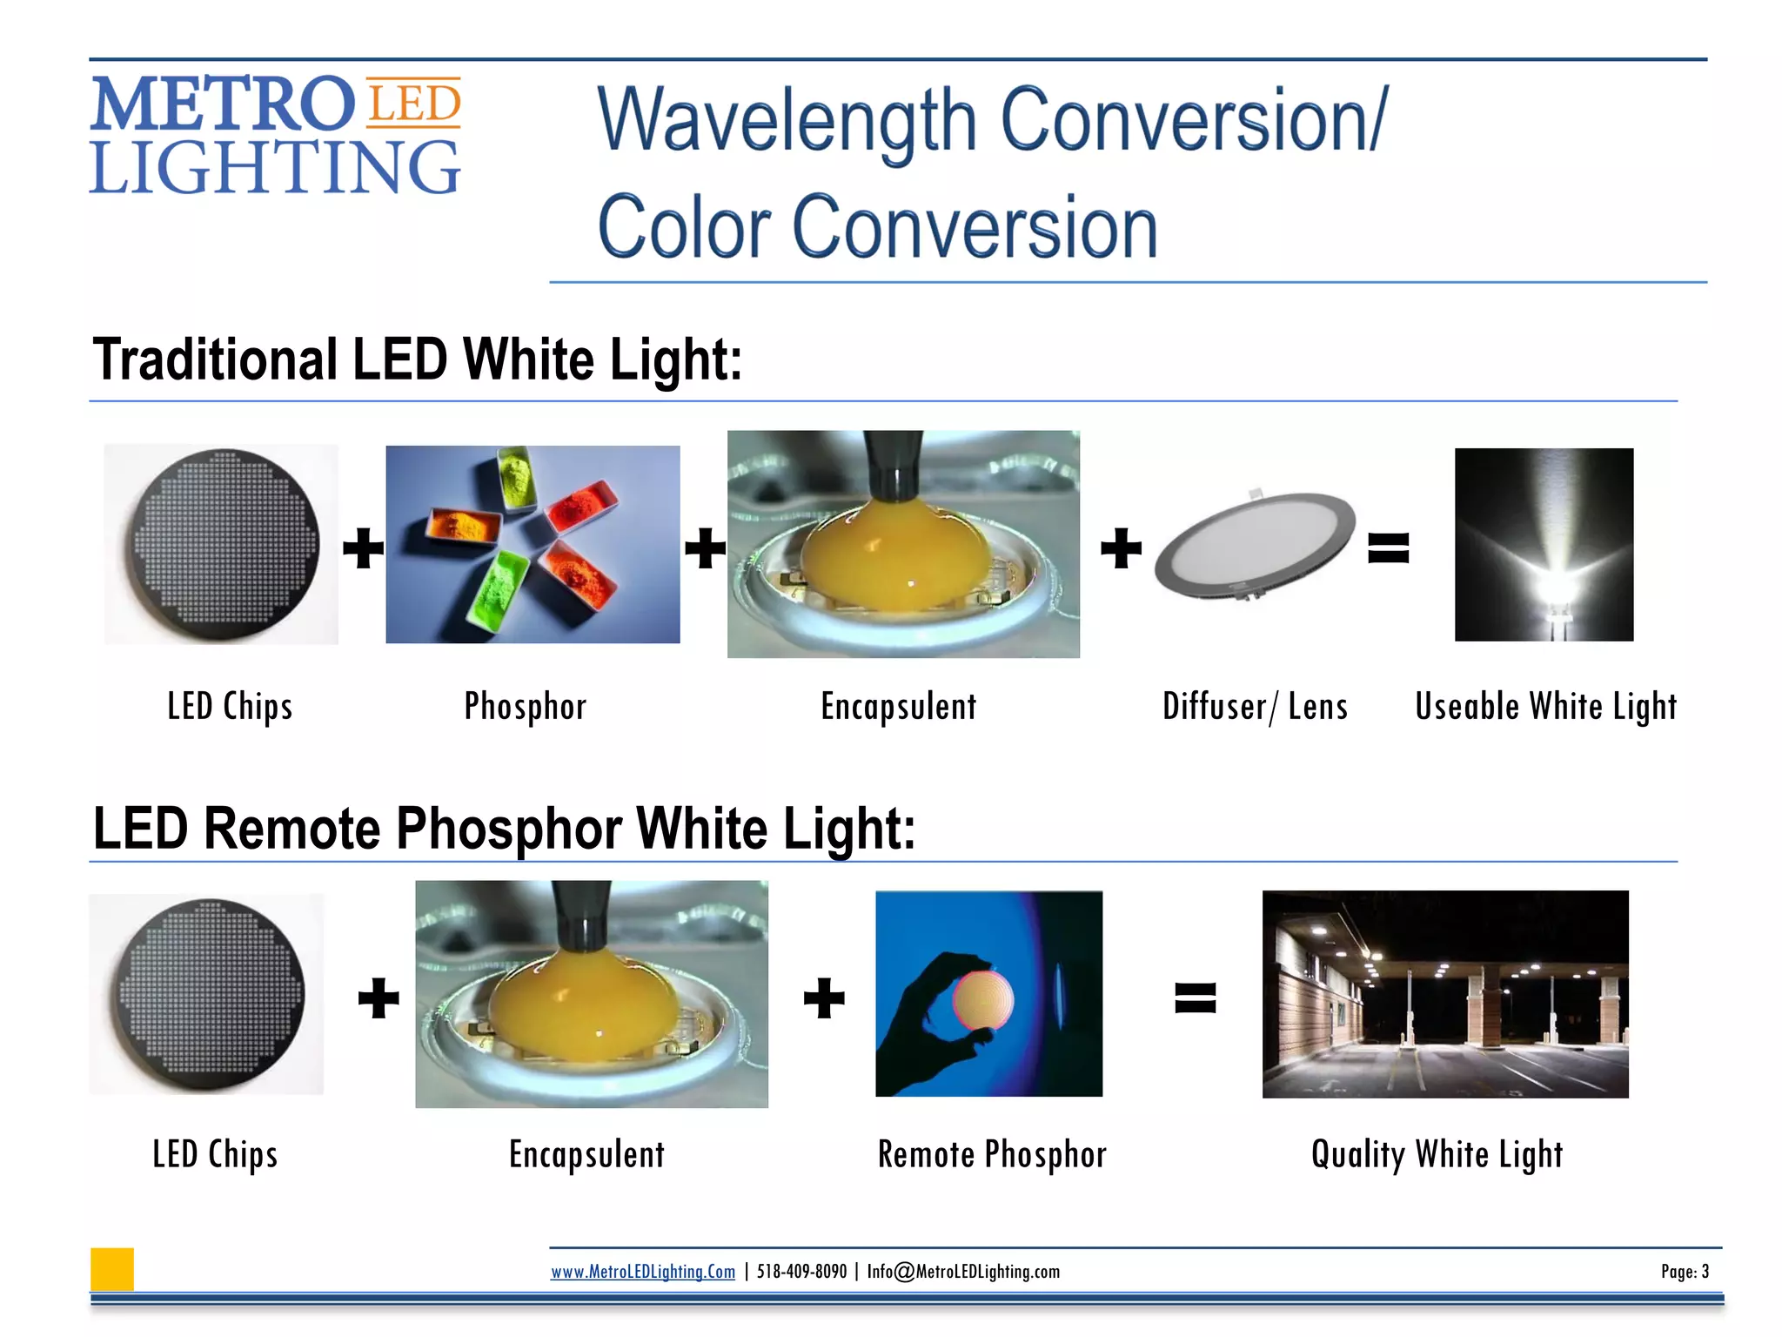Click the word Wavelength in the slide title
[787, 122]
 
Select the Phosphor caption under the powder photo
[526, 706]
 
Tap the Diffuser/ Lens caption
[1255, 706]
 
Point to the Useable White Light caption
[1545, 706]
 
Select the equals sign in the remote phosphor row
[1195, 998]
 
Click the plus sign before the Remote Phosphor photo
[823, 998]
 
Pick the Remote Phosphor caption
[992, 1155]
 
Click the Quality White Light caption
[1437, 1155]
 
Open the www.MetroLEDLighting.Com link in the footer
[642, 1272]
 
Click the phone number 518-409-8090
[801, 1272]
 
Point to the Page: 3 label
[1685, 1272]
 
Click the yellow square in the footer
[112, 1269]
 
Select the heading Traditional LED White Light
[418, 360]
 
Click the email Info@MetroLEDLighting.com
[963, 1272]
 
